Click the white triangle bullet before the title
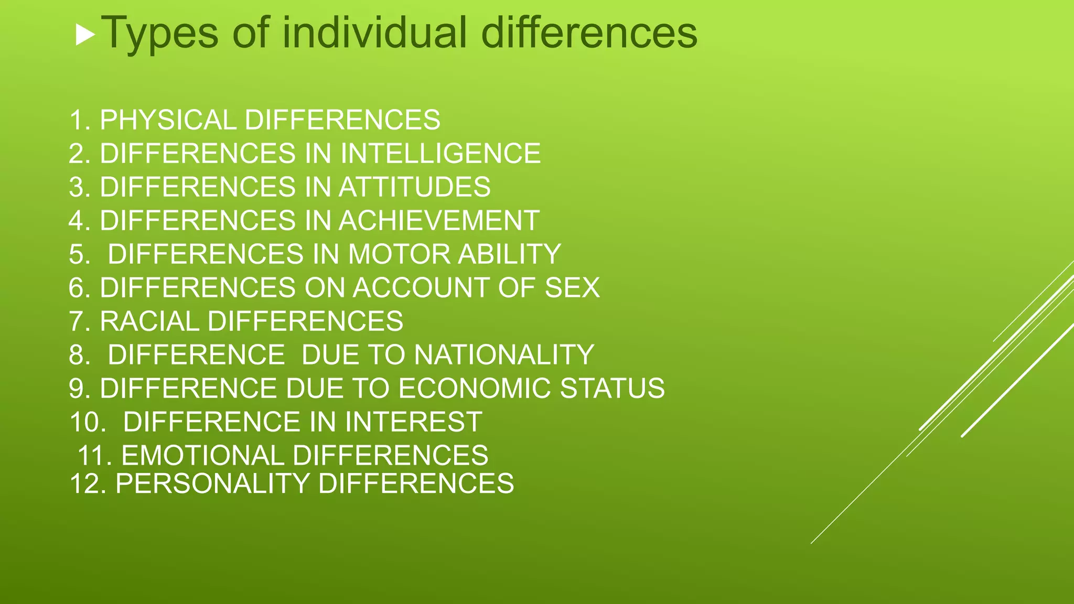pos(85,35)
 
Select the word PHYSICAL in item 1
pos(168,120)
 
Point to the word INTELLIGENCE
pos(441,154)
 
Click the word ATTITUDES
pos(414,187)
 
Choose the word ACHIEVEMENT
pos(439,221)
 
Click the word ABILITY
pos(509,254)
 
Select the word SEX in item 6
pos(572,288)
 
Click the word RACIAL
pos(149,321)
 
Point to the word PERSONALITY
pos(212,483)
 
